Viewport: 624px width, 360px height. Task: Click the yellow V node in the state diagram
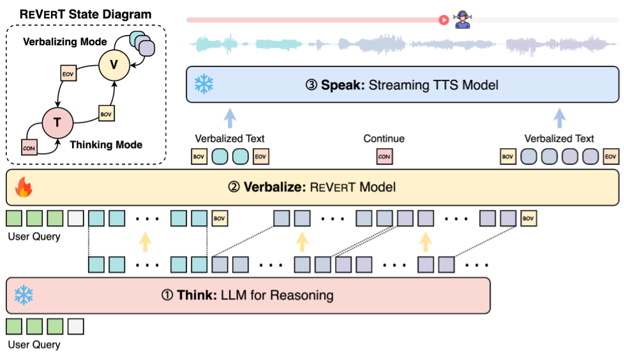click(x=114, y=65)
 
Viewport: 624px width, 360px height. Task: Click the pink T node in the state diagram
click(x=57, y=123)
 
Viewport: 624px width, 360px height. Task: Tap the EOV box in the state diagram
click(x=68, y=73)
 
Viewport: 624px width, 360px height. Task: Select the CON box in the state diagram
click(x=29, y=147)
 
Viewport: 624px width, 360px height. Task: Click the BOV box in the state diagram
click(x=107, y=114)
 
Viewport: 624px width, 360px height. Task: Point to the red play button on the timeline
click(x=443, y=20)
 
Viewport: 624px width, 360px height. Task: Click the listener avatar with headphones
click(x=463, y=20)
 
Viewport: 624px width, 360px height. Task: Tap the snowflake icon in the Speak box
click(x=204, y=84)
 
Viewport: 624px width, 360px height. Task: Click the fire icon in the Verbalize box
click(x=24, y=187)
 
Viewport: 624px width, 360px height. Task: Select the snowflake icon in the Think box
click(x=24, y=295)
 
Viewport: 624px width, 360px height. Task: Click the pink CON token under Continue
click(x=385, y=156)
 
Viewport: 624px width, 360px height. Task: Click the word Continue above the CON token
click(x=384, y=139)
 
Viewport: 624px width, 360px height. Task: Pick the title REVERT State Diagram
click(x=85, y=14)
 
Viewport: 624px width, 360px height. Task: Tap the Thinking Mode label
click(x=107, y=144)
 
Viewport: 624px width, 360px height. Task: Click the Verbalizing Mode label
click(x=65, y=42)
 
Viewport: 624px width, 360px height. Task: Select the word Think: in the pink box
click(x=197, y=295)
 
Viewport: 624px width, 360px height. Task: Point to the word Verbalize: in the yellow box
click(x=274, y=187)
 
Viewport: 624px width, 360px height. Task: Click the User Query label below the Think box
click(x=34, y=345)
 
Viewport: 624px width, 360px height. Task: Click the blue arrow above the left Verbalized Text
click(x=230, y=118)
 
